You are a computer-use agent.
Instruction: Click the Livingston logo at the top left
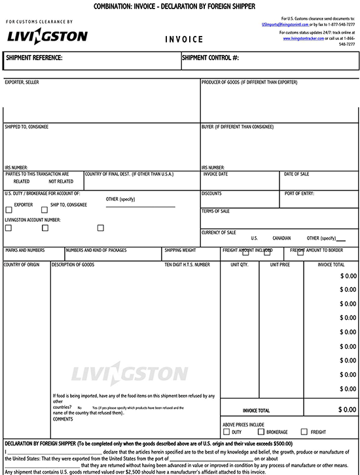click(x=46, y=37)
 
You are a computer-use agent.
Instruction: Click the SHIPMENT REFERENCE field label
click(x=34, y=58)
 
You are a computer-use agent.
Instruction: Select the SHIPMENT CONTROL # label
click(x=210, y=58)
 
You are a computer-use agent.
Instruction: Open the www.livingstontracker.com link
click(x=304, y=39)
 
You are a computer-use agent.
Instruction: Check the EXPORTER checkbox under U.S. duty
click(x=9, y=210)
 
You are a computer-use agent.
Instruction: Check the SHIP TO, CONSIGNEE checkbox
click(x=45, y=210)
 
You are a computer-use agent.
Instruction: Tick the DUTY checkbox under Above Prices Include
click(x=226, y=432)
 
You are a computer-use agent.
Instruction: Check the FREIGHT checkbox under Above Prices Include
click(x=303, y=432)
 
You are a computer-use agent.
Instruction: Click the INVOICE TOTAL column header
click(x=331, y=265)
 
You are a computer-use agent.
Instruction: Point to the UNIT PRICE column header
click(x=279, y=265)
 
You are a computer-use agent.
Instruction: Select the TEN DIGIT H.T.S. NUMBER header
click(x=187, y=265)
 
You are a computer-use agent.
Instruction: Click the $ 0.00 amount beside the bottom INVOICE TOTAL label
click(x=347, y=410)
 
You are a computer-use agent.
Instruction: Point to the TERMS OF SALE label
click(x=215, y=211)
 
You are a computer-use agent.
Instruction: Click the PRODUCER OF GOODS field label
click(x=249, y=82)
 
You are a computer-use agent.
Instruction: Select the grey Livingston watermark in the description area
click(x=129, y=374)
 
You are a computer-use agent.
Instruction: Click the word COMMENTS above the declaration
click(x=63, y=419)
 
